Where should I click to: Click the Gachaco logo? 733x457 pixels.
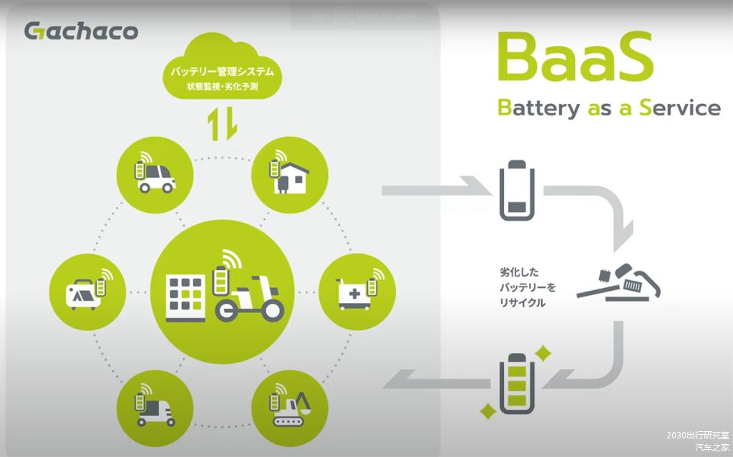pos(81,31)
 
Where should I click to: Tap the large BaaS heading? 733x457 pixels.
pos(575,57)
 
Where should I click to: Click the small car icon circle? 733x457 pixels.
pos(155,173)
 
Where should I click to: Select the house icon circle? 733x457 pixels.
pos(290,173)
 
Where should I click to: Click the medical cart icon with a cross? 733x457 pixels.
pos(356,291)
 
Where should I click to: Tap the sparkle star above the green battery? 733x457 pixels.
pos(543,353)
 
